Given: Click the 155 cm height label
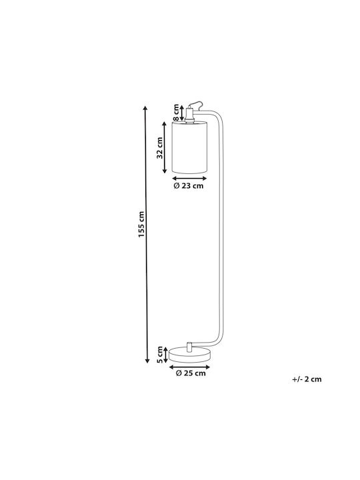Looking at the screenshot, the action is pos(141,225).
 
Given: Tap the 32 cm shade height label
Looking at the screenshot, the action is pos(159,148).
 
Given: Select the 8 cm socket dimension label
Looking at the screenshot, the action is pos(176,113).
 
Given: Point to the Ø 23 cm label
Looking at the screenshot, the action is pos(189,186).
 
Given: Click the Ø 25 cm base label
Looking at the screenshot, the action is pos(191,373).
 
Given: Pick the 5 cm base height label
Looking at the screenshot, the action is pos(159,355).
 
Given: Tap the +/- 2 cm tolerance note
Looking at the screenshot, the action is pos(307,379).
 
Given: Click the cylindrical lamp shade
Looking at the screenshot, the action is pos(189,147).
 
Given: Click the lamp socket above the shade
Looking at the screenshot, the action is pos(189,115).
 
